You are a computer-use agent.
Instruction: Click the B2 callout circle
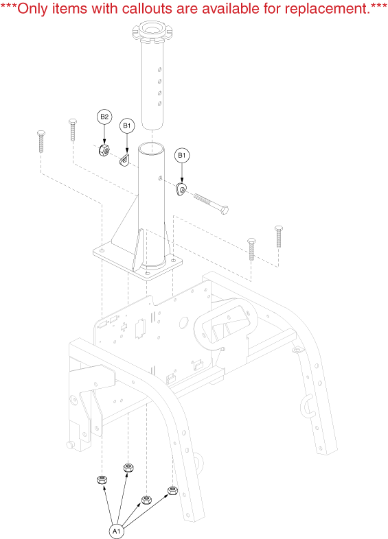[x=104, y=117]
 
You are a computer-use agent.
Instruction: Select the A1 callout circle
[x=116, y=531]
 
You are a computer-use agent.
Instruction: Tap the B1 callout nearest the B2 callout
[x=127, y=125]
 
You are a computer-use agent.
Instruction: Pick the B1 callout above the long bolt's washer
[x=182, y=156]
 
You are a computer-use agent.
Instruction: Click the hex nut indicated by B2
[x=104, y=150]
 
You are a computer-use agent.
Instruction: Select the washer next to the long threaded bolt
[x=181, y=189]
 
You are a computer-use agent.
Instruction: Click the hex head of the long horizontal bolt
[x=224, y=210]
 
